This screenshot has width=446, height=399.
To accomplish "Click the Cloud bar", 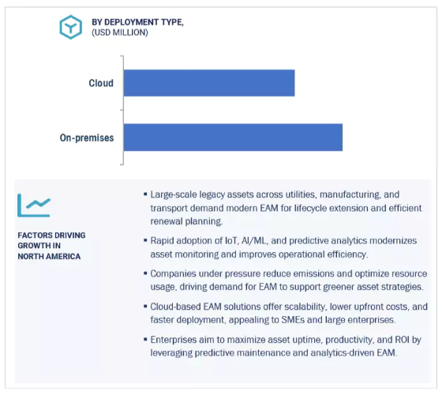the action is (209, 83).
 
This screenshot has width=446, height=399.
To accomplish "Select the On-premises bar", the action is (233, 137).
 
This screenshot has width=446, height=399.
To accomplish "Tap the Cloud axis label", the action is (101, 83).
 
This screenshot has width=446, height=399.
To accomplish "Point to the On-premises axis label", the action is (87, 137).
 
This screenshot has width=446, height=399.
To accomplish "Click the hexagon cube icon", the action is (71, 27).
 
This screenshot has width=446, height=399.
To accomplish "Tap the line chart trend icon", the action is (34, 205).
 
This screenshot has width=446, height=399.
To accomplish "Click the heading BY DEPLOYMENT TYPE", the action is (137, 22).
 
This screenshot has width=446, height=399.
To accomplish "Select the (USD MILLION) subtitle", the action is (120, 32).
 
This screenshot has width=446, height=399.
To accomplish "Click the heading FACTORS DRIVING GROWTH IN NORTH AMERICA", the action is (51, 246).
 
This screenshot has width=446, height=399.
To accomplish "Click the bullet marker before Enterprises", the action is (145, 339).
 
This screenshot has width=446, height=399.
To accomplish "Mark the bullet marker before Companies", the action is (145, 273).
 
